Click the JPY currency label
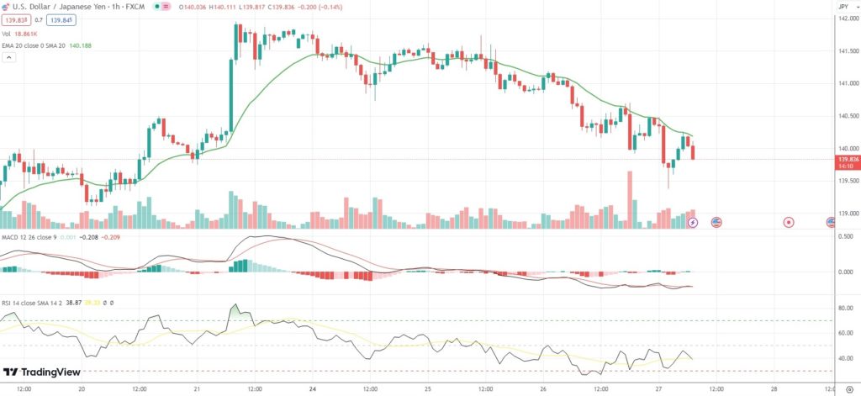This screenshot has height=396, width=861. (843, 7)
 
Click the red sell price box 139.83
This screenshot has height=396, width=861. (15, 19)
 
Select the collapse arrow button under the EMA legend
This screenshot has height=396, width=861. (9, 58)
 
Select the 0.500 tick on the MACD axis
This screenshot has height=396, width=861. (845, 236)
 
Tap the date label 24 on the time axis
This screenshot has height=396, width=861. (312, 389)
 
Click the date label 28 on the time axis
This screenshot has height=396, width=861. (773, 389)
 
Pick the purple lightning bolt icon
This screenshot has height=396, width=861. (693, 222)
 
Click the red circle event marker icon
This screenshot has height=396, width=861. (789, 222)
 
